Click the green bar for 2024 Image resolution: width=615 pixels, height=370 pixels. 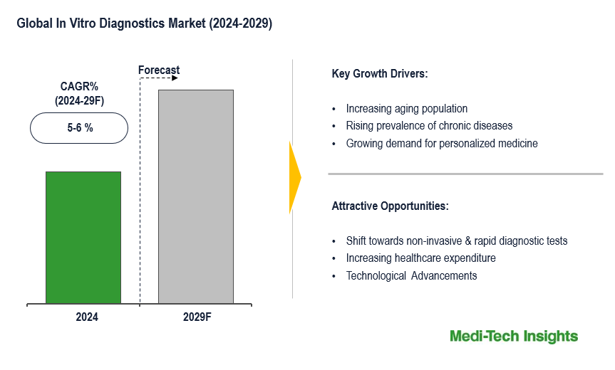[x=83, y=237]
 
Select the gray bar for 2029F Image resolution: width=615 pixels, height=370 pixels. [x=196, y=196]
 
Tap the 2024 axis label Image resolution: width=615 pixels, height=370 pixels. [x=87, y=317]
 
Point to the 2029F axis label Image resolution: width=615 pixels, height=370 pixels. [x=197, y=317]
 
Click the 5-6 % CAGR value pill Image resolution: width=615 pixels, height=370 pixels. [x=79, y=128]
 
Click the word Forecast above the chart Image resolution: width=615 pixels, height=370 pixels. [x=159, y=70]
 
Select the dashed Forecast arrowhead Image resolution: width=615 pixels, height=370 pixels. [x=175, y=78]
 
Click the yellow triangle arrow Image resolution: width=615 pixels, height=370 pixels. [x=295, y=177]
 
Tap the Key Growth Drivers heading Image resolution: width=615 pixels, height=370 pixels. [x=380, y=73]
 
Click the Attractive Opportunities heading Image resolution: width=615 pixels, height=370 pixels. [x=391, y=206]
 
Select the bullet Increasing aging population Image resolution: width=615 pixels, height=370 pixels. [x=407, y=108]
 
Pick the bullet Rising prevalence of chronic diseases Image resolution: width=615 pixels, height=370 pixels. [x=429, y=126]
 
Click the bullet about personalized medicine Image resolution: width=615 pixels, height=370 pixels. [x=442, y=143]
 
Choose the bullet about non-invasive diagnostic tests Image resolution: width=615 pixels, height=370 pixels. [x=457, y=240]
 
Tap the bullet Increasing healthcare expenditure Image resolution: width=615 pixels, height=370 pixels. [x=421, y=258]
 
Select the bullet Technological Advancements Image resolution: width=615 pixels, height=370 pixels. [x=411, y=275]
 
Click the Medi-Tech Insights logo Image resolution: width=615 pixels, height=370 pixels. [x=514, y=337]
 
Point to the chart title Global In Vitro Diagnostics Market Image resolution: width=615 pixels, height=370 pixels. [x=145, y=23]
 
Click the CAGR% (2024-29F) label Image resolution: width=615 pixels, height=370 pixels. [x=79, y=94]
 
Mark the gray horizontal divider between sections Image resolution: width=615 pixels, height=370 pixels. [x=465, y=174]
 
